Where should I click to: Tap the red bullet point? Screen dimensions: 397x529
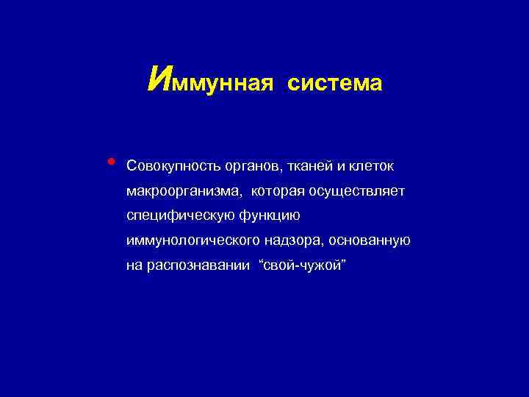(x=110, y=161)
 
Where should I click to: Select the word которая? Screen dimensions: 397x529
(x=278, y=191)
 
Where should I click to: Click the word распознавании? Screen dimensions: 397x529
(x=195, y=266)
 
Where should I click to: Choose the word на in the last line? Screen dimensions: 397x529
(x=134, y=266)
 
